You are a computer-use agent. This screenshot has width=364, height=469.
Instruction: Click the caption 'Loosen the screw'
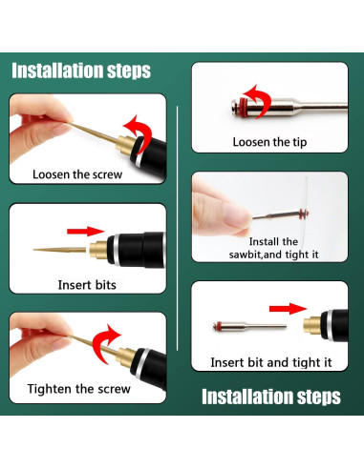pos(77,174)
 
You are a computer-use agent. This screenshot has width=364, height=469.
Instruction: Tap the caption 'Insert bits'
pos(87,285)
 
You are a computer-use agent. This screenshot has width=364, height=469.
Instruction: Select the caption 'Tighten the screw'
pos(79,389)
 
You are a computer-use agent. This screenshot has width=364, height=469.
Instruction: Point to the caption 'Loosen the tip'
pos(269,142)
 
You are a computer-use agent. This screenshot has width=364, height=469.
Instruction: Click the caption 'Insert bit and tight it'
pos(271,362)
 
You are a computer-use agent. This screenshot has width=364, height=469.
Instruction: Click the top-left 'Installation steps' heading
pos(81,71)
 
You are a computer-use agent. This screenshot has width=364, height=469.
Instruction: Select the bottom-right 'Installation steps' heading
pos(271,397)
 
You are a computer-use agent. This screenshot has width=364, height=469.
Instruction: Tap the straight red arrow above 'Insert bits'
pos(86,232)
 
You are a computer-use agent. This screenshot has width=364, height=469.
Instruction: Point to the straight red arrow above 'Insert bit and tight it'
pos(289,309)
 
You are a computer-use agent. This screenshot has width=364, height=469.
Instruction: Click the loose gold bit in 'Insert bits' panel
pos(59,250)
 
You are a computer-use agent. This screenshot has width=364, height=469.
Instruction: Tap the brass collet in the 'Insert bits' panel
pos(98,250)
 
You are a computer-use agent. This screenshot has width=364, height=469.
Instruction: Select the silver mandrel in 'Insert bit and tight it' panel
pos(249,326)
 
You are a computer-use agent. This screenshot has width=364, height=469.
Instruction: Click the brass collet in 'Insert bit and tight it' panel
pos(312,325)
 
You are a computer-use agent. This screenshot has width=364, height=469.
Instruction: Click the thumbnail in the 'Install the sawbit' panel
pos(236,214)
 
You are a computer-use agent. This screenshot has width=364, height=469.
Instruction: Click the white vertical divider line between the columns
pos(177,228)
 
